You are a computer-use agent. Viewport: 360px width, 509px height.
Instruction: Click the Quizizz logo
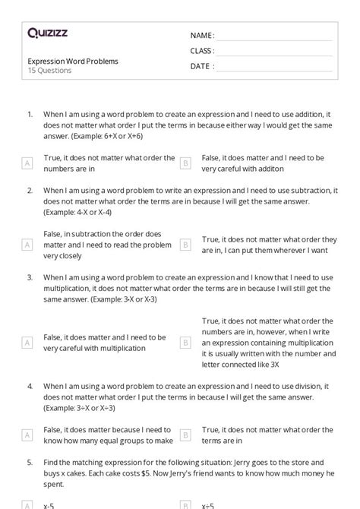[x=48, y=33]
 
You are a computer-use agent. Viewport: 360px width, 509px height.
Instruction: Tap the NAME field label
[x=202, y=35]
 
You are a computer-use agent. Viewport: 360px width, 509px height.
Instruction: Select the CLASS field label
[x=202, y=51]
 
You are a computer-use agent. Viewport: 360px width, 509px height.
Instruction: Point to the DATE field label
[x=201, y=66]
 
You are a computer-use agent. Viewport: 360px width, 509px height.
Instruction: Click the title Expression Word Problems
[x=73, y=61]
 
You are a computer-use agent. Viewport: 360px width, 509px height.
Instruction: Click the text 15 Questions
[x=50, y=71]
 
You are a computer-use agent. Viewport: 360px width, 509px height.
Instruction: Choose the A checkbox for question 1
[x=27, y=163]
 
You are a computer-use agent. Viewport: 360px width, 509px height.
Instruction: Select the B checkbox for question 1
[x=185, y=163]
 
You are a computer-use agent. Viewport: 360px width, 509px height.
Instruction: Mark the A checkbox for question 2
[x=27, y=244]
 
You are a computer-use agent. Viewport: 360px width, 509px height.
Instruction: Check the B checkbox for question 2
[x=185, y=244]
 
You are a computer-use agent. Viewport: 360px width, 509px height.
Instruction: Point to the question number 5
[x=30, y=461]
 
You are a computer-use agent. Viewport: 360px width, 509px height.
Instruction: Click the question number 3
[x=30, y=277]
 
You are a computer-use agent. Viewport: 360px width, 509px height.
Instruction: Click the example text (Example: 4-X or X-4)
[x=77, y=213]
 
